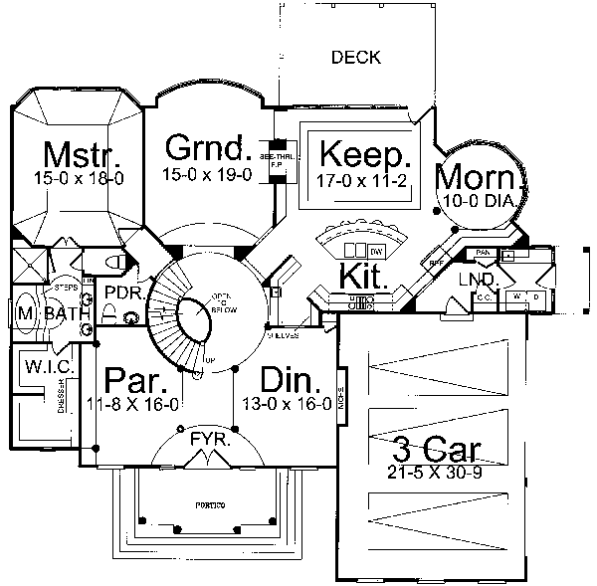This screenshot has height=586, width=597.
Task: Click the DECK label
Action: (x=356, y=58)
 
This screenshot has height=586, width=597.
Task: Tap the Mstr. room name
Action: (x=85, y=156)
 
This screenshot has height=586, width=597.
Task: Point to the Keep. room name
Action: (x=364, y=156)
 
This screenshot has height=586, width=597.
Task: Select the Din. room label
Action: (x=290, y=382)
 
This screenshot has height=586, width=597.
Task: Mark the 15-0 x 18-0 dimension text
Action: (x=85, y=179)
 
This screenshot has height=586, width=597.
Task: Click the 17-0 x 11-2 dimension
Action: (x=364, y=180)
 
